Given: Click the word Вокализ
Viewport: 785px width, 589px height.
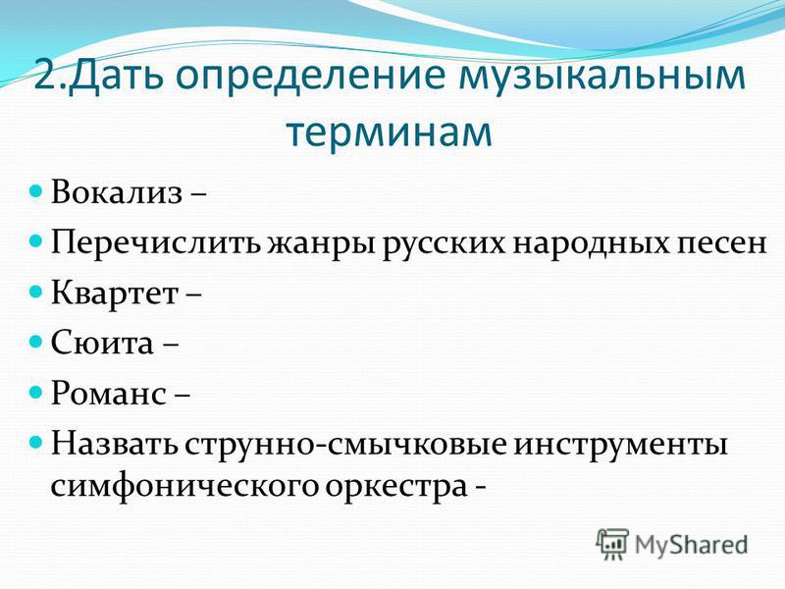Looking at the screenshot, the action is [x=116, y=192].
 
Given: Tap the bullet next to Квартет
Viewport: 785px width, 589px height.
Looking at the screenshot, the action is [x=35, y=292].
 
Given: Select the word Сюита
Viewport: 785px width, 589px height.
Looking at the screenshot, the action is [x=102, y=343].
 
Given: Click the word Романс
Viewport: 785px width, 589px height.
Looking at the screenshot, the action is [x=109, y=393].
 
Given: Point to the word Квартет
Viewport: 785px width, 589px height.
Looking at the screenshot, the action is [x=115, y=293].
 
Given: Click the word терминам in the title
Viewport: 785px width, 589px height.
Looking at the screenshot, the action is [x=390, y=132].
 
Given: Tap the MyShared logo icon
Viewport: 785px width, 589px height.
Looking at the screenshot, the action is [x=611, y=544].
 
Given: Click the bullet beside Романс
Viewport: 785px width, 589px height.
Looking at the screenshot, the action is [x=35, y=392].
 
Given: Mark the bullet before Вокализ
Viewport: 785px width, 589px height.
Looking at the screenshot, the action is [x=35, y=191].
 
